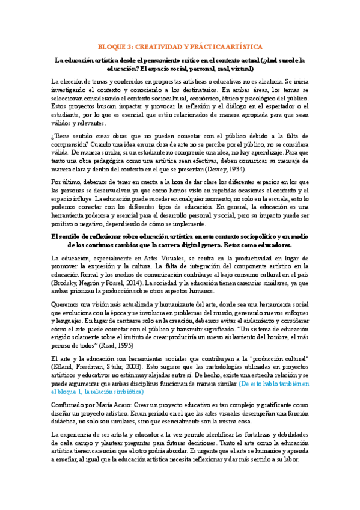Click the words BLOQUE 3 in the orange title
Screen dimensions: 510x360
pyautogui.click(x=114, y=46)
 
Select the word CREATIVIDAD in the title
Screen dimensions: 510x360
pyautogui.click(x=160, y=46)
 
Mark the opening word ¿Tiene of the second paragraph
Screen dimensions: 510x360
pyautogui.click(x=61, y=137)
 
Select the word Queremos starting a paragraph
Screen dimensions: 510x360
pyautogui.click(x=67, y=303)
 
